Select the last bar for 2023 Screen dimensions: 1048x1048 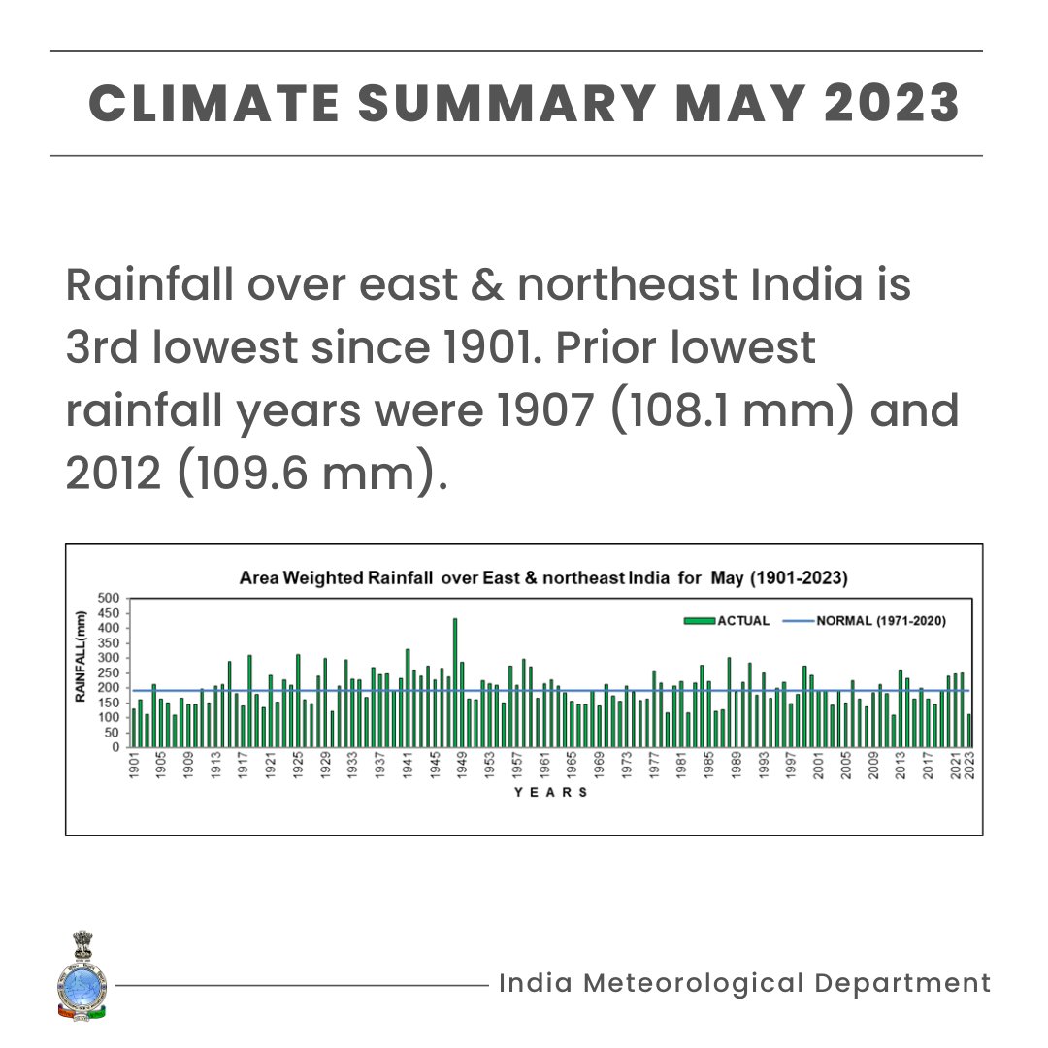coord(968,731)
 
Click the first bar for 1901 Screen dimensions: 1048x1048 coord(134,728)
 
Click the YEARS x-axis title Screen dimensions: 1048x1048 coord(550,792)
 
